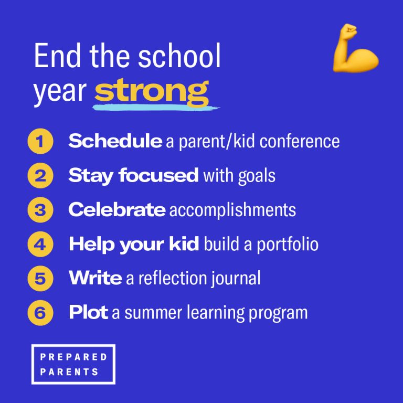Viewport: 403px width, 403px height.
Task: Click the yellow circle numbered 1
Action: pos(40,141)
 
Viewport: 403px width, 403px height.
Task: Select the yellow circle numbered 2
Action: pos(40,175)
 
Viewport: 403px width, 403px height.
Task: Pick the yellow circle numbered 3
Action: pos(40,210)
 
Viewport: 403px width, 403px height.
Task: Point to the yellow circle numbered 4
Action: pos(40,244)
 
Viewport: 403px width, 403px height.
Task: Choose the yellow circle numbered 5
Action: pos(40,279)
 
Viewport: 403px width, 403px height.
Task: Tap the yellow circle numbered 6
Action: pos(40,313)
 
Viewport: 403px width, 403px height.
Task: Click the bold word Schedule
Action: pos(115,141)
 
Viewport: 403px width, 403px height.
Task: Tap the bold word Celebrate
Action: pos(117,210)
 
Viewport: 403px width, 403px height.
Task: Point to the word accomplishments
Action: pos(232,210)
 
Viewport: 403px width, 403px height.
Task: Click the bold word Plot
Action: pos(88,313)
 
